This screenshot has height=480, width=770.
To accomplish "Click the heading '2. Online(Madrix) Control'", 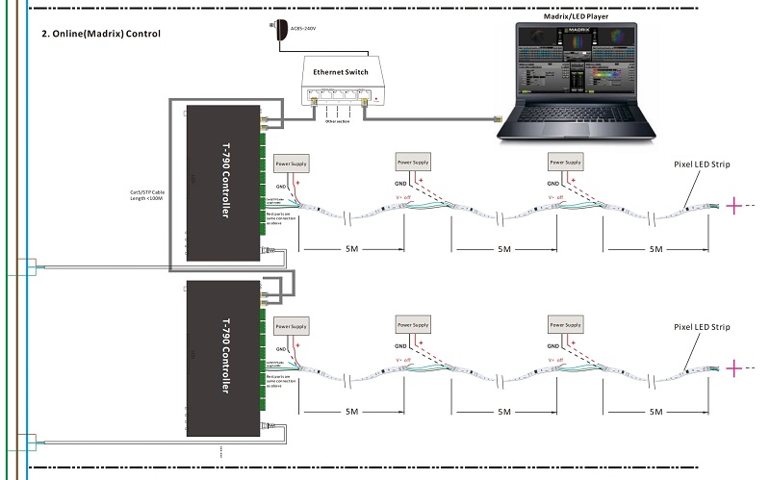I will pyautogui.click(x=101, y=34).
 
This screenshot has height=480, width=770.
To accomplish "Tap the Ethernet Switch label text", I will pyautogui.click(x=343, y=72).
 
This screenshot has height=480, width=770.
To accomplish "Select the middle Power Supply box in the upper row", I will pyautogui.click(x=413, y=160).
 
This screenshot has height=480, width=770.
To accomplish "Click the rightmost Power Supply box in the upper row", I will pyautogui.click(x=566, y=160).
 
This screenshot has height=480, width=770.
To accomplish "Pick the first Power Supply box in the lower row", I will pyautogui.click(x=292, y=327).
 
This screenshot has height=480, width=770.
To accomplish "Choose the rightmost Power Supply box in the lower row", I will pyautogui.click(x=566, y=324).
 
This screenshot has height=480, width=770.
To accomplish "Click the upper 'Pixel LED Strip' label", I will pyautogui.click(x=702, y=164).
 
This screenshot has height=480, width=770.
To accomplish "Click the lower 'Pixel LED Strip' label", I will pyautogui.click(x=702, y=328).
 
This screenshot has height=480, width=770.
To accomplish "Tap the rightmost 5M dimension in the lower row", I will pyautogui.click(x=655, y=412).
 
